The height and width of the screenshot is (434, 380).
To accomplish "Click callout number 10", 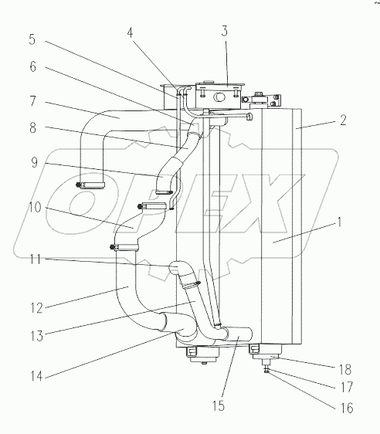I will click(x=33, y=207).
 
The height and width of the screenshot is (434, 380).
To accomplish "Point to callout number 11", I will click(x=33, y=261).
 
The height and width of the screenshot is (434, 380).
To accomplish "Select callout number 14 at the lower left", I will click(x=33, y=376).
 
